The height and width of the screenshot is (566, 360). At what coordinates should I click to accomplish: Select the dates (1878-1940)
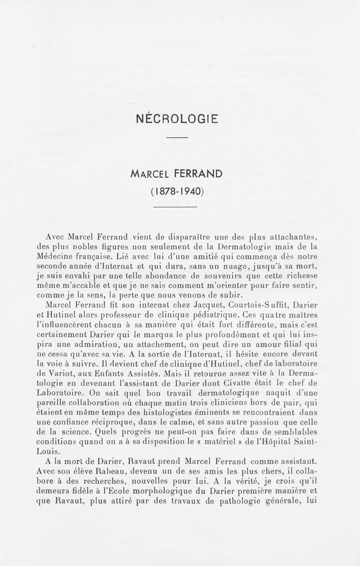pos(177,191)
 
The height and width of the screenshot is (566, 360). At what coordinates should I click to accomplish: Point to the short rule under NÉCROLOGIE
pos(176,137)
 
